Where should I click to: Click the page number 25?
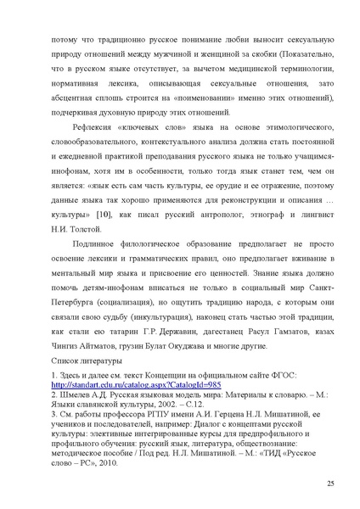pyautogui.click(x=329, y=484)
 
